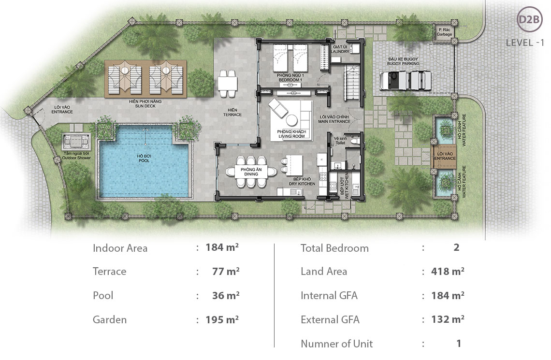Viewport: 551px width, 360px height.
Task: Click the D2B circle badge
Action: [530, 20]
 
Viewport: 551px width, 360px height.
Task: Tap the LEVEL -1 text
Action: [525, 43]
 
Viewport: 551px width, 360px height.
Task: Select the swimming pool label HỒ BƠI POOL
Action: [144, 158]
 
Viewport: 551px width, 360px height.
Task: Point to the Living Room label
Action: [290, 134]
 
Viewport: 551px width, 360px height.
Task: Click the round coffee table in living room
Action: [293, 120]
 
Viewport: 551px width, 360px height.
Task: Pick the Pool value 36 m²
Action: [226, 295]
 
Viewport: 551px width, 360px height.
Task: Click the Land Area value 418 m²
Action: [448, 271]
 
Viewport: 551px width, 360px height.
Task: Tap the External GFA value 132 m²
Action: [448, 319]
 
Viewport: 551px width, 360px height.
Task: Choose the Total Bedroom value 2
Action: [456, 248]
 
